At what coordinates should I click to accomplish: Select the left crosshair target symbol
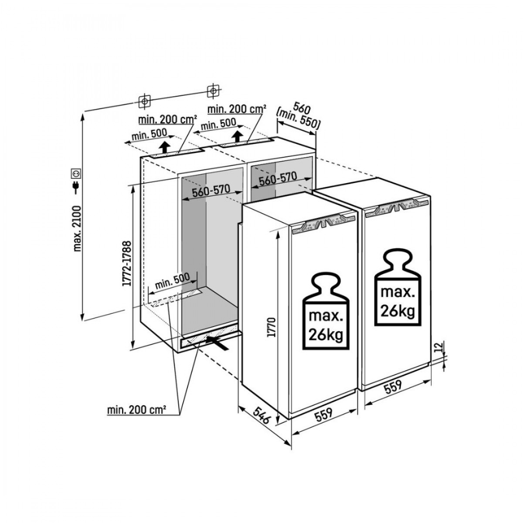(x=145, y=101)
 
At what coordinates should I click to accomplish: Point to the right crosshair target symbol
(x=213, y=91)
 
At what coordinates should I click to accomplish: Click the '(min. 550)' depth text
(x=299, y=119)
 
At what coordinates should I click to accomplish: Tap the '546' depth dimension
(x=261, y=415)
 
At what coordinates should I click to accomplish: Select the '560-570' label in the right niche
(x=278, y=179)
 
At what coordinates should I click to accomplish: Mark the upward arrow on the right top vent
(x=238, y=136)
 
